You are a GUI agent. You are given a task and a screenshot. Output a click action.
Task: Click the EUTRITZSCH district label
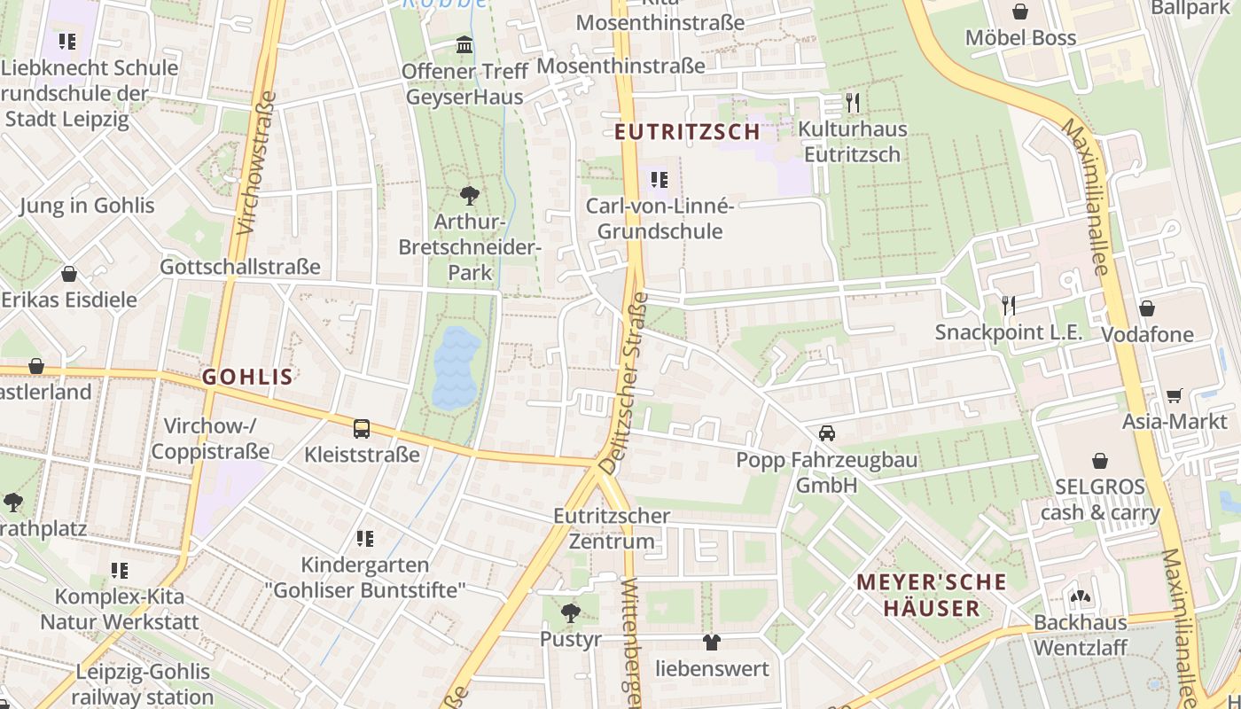688,132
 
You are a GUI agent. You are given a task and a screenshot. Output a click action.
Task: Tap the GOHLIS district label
247,377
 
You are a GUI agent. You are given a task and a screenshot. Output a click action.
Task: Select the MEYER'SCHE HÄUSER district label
931,596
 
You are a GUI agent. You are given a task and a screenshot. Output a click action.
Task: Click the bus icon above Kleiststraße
362,429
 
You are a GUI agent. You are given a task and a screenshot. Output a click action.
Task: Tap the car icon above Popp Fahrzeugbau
826,433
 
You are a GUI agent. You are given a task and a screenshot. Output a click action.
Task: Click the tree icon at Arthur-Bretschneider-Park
469,195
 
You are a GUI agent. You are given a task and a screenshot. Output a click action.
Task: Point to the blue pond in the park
457,367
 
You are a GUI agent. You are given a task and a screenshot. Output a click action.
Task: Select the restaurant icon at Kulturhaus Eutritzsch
853,103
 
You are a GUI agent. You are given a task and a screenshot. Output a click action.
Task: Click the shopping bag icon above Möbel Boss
1020,12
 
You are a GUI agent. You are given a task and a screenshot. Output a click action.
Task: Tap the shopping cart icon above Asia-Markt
1175,395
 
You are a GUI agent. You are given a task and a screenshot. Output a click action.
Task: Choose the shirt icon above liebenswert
712,642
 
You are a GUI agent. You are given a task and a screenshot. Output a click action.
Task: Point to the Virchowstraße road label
253,163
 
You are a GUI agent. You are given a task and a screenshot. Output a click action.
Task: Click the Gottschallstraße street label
239,267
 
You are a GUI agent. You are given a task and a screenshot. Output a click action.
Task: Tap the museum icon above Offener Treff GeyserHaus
464,44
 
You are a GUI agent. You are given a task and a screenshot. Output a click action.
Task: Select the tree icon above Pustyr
571,613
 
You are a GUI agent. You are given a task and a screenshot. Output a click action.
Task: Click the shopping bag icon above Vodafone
1147,308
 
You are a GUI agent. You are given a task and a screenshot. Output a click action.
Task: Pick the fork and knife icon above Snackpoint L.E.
1008,306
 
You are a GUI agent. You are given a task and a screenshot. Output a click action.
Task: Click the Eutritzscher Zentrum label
612,528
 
